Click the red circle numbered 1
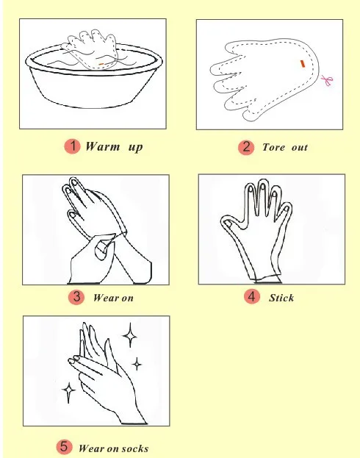point(73,146)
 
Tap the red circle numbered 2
point(246,147)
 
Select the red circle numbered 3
point(76,297)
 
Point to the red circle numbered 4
point(252,296)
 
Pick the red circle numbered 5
point(64,447)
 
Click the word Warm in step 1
point(102,146)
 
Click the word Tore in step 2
point(273,147)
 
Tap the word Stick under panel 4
point(281,298)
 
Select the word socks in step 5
point(134,448)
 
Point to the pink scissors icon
point(327,80)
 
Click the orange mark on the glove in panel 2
point(303,64)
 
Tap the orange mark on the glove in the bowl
point(101,64)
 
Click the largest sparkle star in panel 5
point(130,334)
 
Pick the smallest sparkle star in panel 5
point(137,364)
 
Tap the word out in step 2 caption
point(300,147)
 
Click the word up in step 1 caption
point(135,147)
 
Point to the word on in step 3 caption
point(127,298)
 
